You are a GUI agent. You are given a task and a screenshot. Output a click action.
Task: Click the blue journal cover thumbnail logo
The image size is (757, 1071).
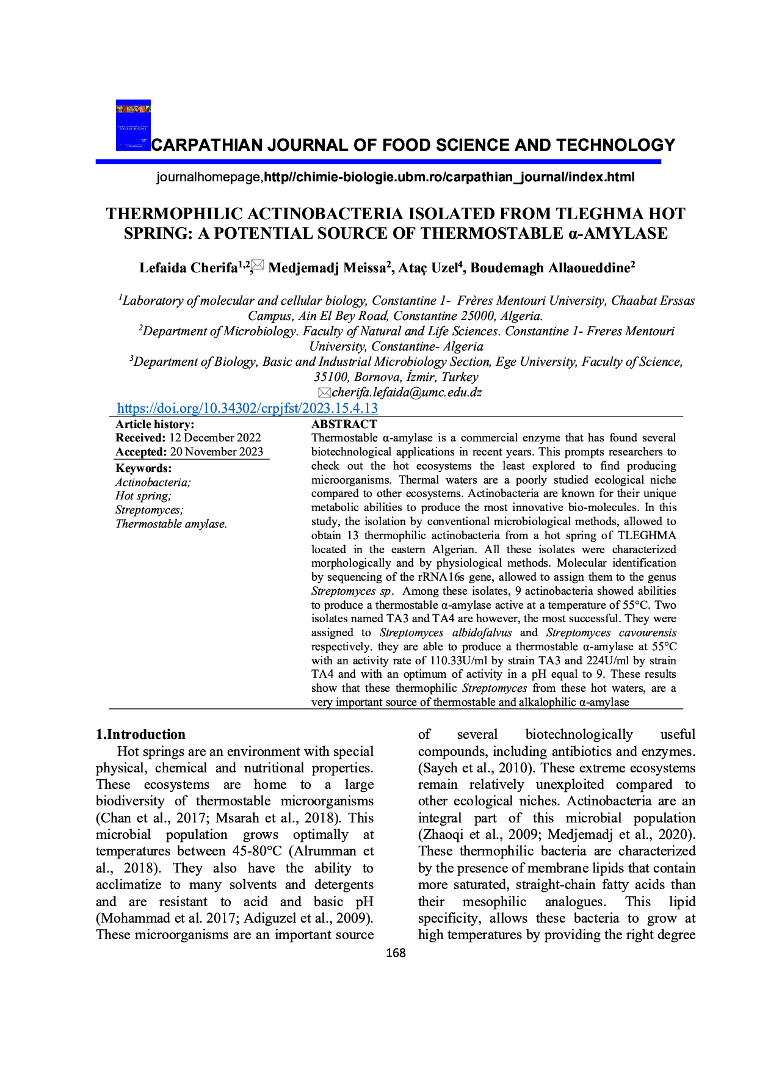pyautogui.click(x=133, y=125)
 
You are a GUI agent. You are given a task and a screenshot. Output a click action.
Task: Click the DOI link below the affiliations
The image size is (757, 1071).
pyautogui.click(x=247, y=408)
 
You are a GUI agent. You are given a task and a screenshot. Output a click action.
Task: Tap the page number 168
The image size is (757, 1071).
pyautogui.click(x=396, y=953)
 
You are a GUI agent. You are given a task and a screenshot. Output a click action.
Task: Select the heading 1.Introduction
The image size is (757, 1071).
pyautogui.click(x=140, y=734)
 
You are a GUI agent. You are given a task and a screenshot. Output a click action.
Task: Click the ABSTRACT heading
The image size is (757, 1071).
pyautogui.click(x=344, y=424)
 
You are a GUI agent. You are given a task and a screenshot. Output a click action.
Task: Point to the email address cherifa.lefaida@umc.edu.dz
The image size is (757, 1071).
pyautogui.click(x=407, y=392)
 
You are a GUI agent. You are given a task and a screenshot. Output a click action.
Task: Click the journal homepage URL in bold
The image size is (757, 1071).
pyautogui.click(x=449, y=177)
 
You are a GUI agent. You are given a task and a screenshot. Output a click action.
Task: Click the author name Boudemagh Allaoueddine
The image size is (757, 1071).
pyautogui.click(x=550, y=267)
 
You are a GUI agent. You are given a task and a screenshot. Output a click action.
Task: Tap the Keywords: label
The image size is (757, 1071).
pyautogui.click(x=143, y=468)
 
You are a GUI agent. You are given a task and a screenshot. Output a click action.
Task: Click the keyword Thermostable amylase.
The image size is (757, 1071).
pyautogui.click(x=171, y=524)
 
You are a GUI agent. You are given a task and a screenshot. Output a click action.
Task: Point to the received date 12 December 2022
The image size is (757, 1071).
pyautogui.click(x=215, y=437)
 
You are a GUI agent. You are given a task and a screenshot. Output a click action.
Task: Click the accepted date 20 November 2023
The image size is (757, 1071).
pyautogui.click(x=217, y=451)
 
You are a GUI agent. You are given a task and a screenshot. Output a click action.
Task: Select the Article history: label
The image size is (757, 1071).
pyautogui.click(x=155, y=424)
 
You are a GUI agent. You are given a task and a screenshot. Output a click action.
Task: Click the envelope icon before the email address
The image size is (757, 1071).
pyautogui.click(x=324, y=392)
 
